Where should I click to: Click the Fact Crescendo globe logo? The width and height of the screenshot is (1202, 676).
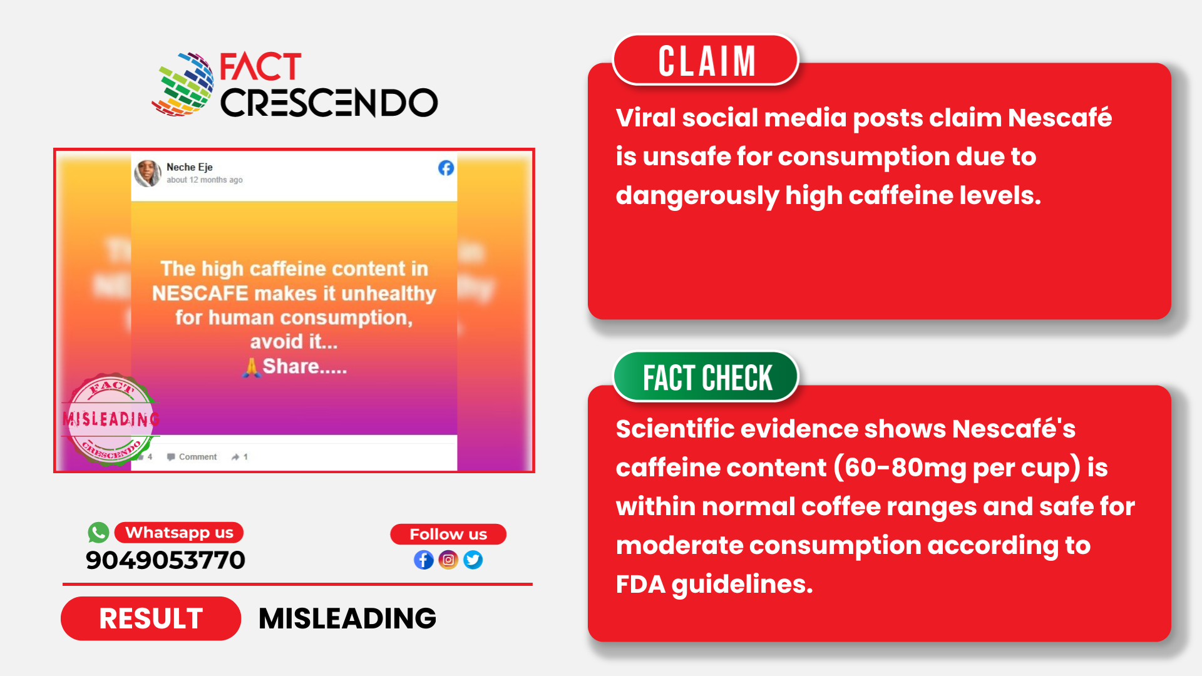coord(183,85)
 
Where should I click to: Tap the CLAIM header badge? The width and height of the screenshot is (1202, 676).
coord(706,61)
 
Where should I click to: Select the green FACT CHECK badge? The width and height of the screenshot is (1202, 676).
coord(706,377)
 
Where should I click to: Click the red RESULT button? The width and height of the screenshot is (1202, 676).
coord(151,618)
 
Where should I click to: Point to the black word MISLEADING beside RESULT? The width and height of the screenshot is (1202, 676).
coord(347,618)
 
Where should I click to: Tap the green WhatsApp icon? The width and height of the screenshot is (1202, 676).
coord(98,533)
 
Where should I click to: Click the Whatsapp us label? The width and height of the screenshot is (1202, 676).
coord(179,533)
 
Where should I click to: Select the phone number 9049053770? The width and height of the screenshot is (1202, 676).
coord(165,560)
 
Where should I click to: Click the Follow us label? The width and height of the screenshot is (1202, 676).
coord(448,535)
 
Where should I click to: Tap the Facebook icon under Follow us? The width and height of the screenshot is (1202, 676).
coord(424,560)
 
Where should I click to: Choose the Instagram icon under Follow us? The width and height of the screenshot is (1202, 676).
coord(448,560)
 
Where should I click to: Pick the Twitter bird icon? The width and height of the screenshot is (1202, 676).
coord(473,560)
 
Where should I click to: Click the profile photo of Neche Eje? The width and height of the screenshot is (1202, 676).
coord(148,173)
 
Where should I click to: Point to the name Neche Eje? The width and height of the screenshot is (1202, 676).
coord(190,167)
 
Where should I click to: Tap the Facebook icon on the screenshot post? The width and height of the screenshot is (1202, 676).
coord(446,168)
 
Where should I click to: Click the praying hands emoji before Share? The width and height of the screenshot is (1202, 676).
coord(251,367)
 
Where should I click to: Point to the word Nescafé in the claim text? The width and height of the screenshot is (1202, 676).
coord(1059,118)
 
